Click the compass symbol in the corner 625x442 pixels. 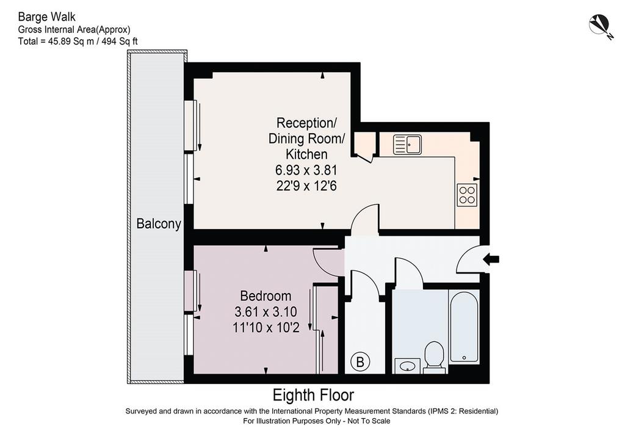[601, 26]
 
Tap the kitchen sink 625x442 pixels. [407, 144]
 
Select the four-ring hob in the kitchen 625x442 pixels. [467, 195]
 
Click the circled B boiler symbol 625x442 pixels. [360, 362]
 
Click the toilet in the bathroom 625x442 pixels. [434, 357]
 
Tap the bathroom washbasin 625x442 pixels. [407, 366]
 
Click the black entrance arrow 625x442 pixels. [491, 259]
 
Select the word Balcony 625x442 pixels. [159, 223]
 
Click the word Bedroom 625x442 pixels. [266, 295]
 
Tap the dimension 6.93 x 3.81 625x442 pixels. [306, 170]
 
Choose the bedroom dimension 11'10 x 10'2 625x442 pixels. [266, 328]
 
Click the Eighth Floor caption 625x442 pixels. [313, 396]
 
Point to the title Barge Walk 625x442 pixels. [46, 16]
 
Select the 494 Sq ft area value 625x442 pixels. [120, 41]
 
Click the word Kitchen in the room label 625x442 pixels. [306, 154]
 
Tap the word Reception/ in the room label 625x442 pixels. [306, 123]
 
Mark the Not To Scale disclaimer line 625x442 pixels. [317, 421]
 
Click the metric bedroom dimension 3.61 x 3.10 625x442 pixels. [266, 312]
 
